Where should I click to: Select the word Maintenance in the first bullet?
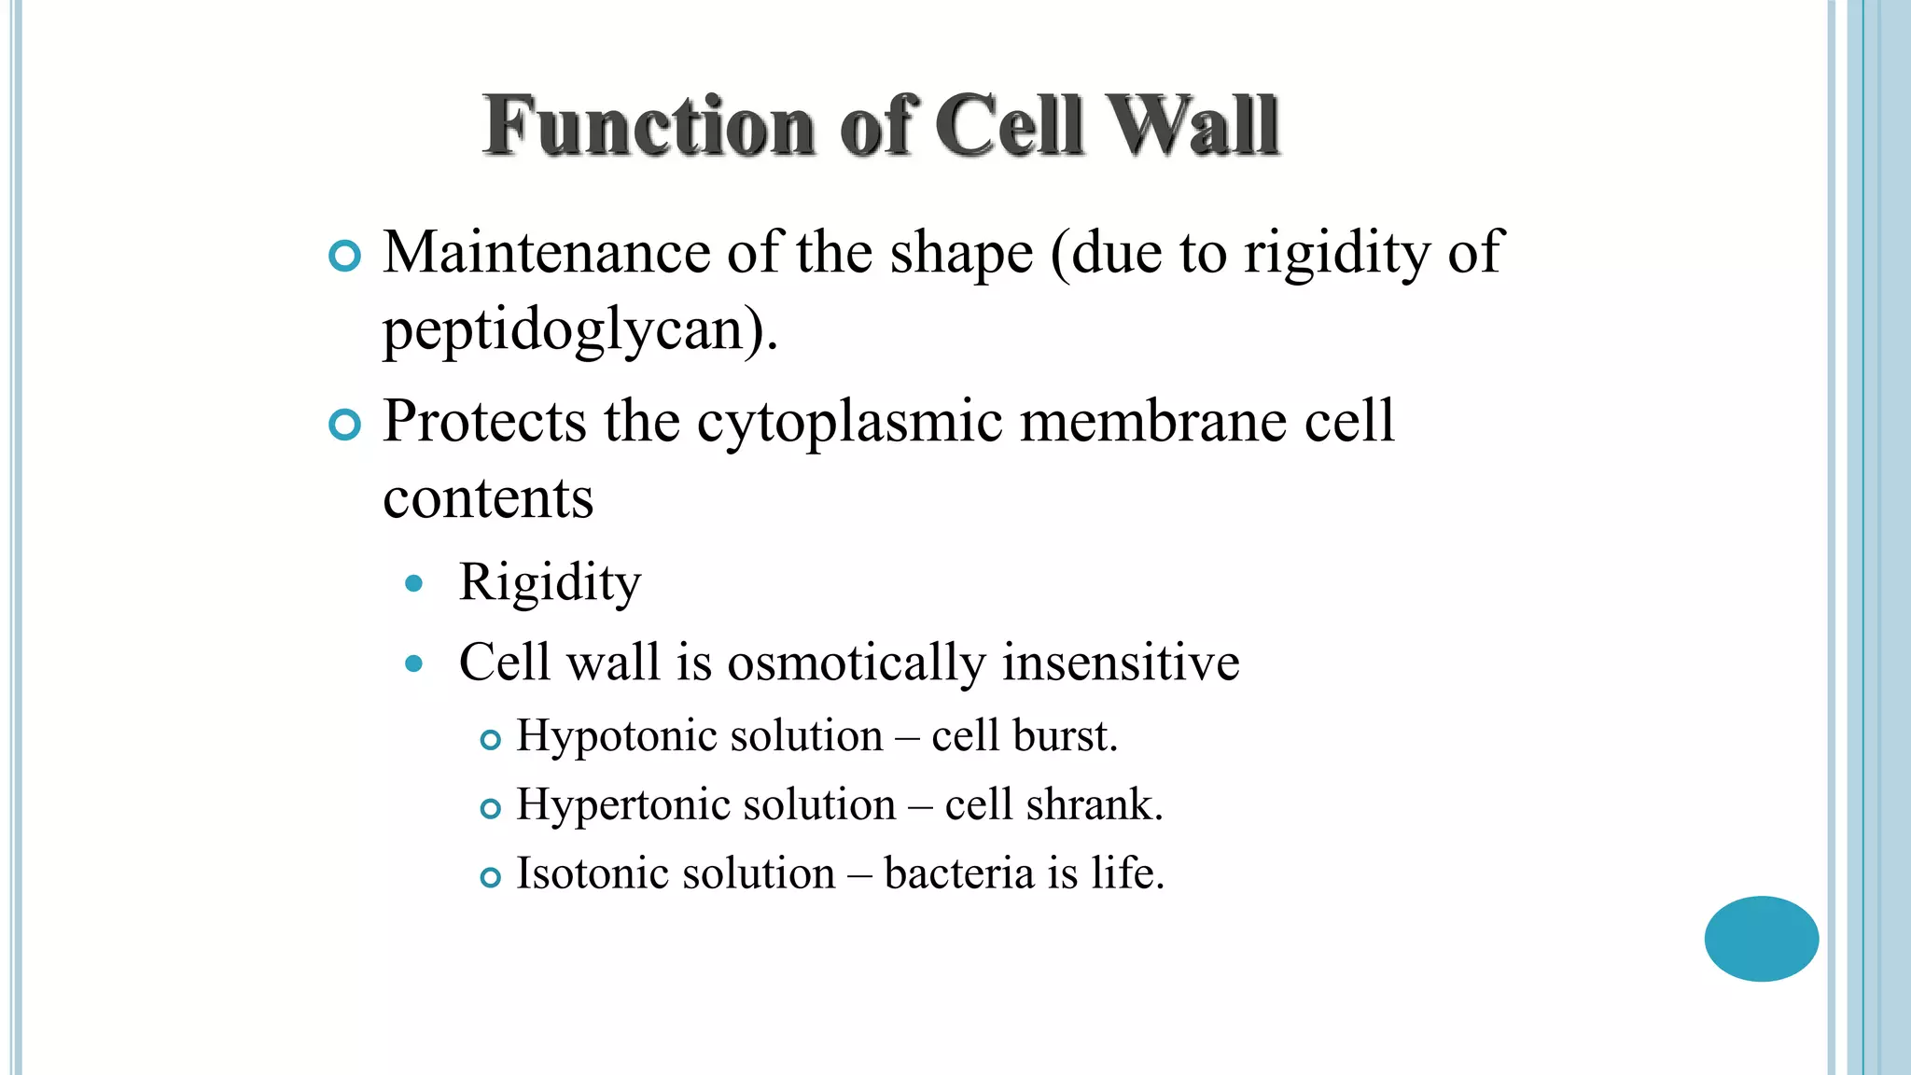pyautogui.click(x=547, y=253)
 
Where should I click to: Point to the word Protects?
pyautogui.click(x=484, y=421)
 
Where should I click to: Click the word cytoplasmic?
pyautogui.click(x=850, y=423)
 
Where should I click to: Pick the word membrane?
pyautogui.click(x=1153, y=421)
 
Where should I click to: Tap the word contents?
pyautogui.click(x=488, y=498)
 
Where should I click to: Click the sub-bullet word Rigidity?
pyautogui.click(x=550, y=584)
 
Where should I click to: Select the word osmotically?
pyautogui.click(x=856, y=663)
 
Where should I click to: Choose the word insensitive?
pyautogui.click(x=1121, y=663)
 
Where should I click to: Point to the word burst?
pyautogui.click(x=1065, y=736)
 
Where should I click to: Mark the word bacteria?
pyautogui.click(x=959, y=874)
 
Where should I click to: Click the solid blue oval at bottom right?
pyautogui.click(x=1761, y=939)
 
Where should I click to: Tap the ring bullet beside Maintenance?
pyautogui.click(x=345, y=256)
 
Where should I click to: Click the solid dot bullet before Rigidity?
pyautogui.click(x=414, y=585)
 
